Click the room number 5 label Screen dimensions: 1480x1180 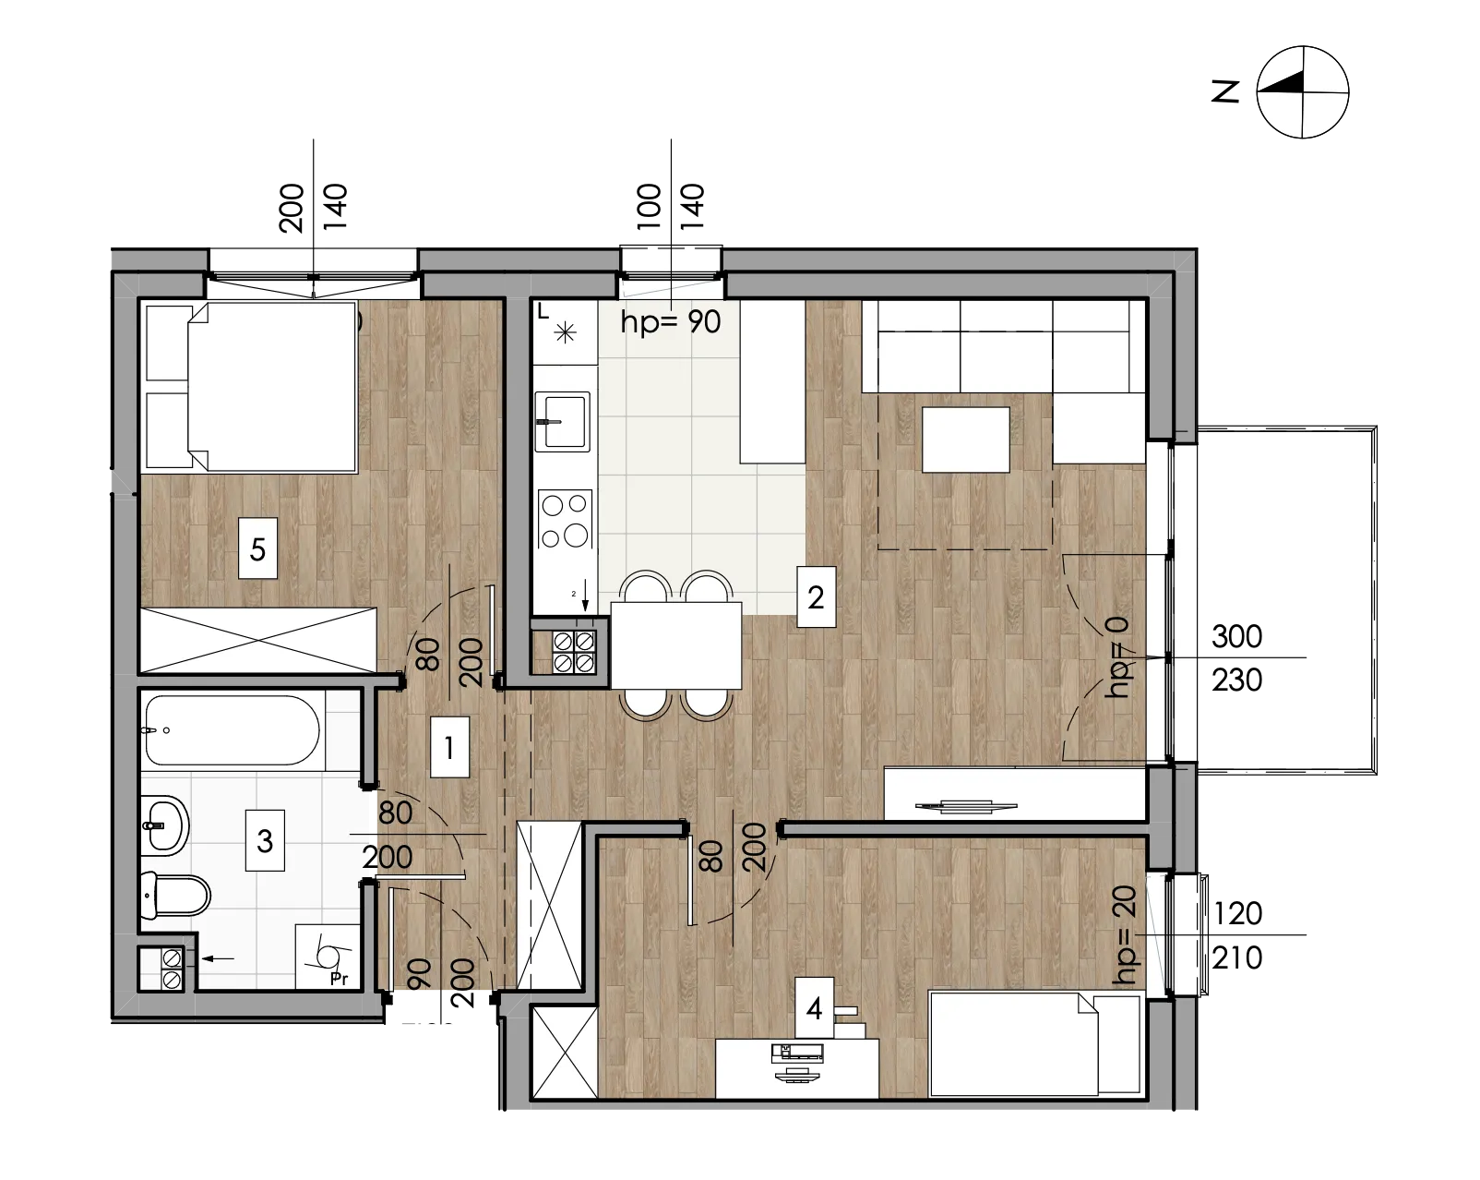[x=257, y=548]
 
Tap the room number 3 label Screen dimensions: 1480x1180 [x=265, y=840]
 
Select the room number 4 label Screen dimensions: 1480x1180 [x=814, y=1008]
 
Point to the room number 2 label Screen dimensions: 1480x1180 [x=817, y=596]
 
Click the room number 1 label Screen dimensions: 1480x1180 [x=449, y=747]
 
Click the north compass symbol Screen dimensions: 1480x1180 [x=1303, y=92]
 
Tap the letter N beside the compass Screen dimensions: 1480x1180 [x=1225, y=91]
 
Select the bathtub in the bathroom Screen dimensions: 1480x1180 [x=233, y=729]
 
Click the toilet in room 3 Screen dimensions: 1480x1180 [x=175, y=895]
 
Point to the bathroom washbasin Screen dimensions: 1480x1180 [x=164, y=825]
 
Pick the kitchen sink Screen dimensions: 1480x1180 [x=563, y=421]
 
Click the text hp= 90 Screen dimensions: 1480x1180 [x=671, y=321]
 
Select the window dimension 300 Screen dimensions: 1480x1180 [x=1236, y=636]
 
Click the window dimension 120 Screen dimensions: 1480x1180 [x=1236, y=913]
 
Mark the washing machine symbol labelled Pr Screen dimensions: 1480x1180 [x=328, y=957]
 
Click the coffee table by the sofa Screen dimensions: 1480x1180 [x=965, y=439]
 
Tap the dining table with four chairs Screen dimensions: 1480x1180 [x=676, y=645]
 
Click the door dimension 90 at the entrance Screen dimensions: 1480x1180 [x=420, y=973]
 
